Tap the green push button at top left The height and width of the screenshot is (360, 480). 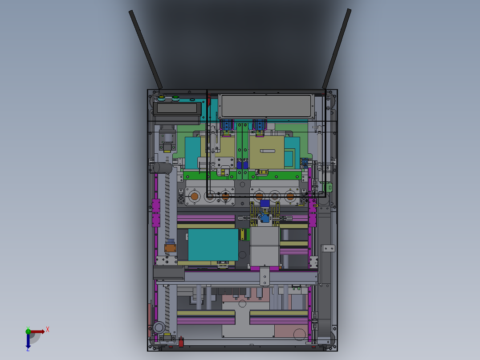point(175,97)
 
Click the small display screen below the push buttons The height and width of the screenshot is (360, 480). point(177,108)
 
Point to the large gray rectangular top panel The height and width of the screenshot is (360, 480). point(266,106)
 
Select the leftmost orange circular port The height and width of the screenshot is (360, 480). point(194,196)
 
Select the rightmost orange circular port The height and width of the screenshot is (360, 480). point(290,196)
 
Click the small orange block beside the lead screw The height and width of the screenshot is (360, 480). point(170,248)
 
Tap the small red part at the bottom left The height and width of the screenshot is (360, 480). point(181,342)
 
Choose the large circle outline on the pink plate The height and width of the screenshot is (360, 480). point(299,333)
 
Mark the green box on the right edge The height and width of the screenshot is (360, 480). point(329,188)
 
